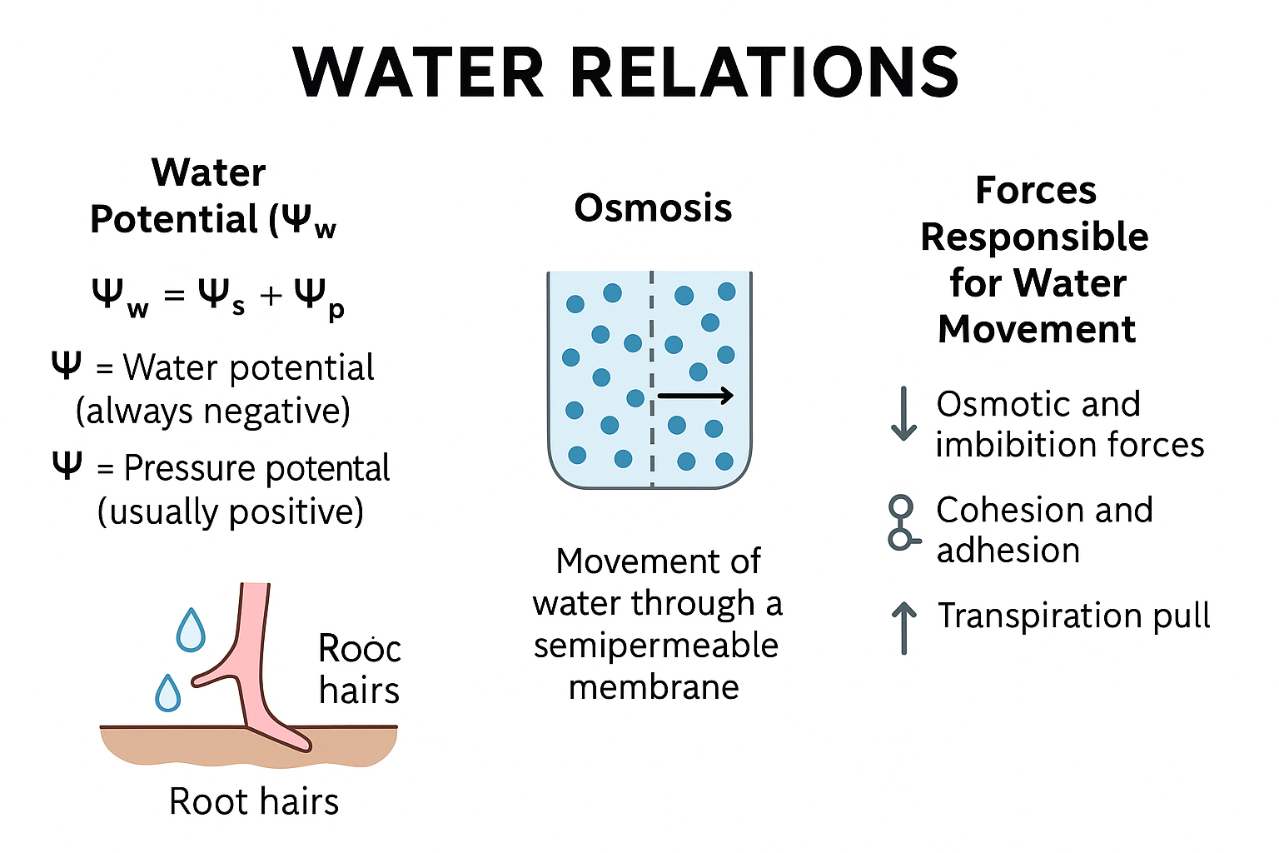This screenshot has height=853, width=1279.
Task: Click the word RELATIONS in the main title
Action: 765,72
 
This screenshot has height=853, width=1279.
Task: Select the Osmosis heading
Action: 653,208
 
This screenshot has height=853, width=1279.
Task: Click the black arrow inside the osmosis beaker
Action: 695,396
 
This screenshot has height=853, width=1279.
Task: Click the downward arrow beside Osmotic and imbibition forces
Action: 903,413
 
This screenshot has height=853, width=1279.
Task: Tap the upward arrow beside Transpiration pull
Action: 903,627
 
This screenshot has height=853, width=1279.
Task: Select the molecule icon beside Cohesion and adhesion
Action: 901,523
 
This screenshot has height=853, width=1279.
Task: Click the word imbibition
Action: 1003,445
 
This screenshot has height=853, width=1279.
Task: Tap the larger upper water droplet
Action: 191,631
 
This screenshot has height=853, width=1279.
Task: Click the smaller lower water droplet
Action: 168,693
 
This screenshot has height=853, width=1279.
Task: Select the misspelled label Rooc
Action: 359,649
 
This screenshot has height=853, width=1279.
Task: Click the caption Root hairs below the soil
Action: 254,801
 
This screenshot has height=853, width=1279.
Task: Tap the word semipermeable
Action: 656,646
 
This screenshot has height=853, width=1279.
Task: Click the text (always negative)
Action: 213,411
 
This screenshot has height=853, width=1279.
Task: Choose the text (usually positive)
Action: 231,511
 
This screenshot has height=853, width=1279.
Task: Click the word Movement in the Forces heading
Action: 1036,329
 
